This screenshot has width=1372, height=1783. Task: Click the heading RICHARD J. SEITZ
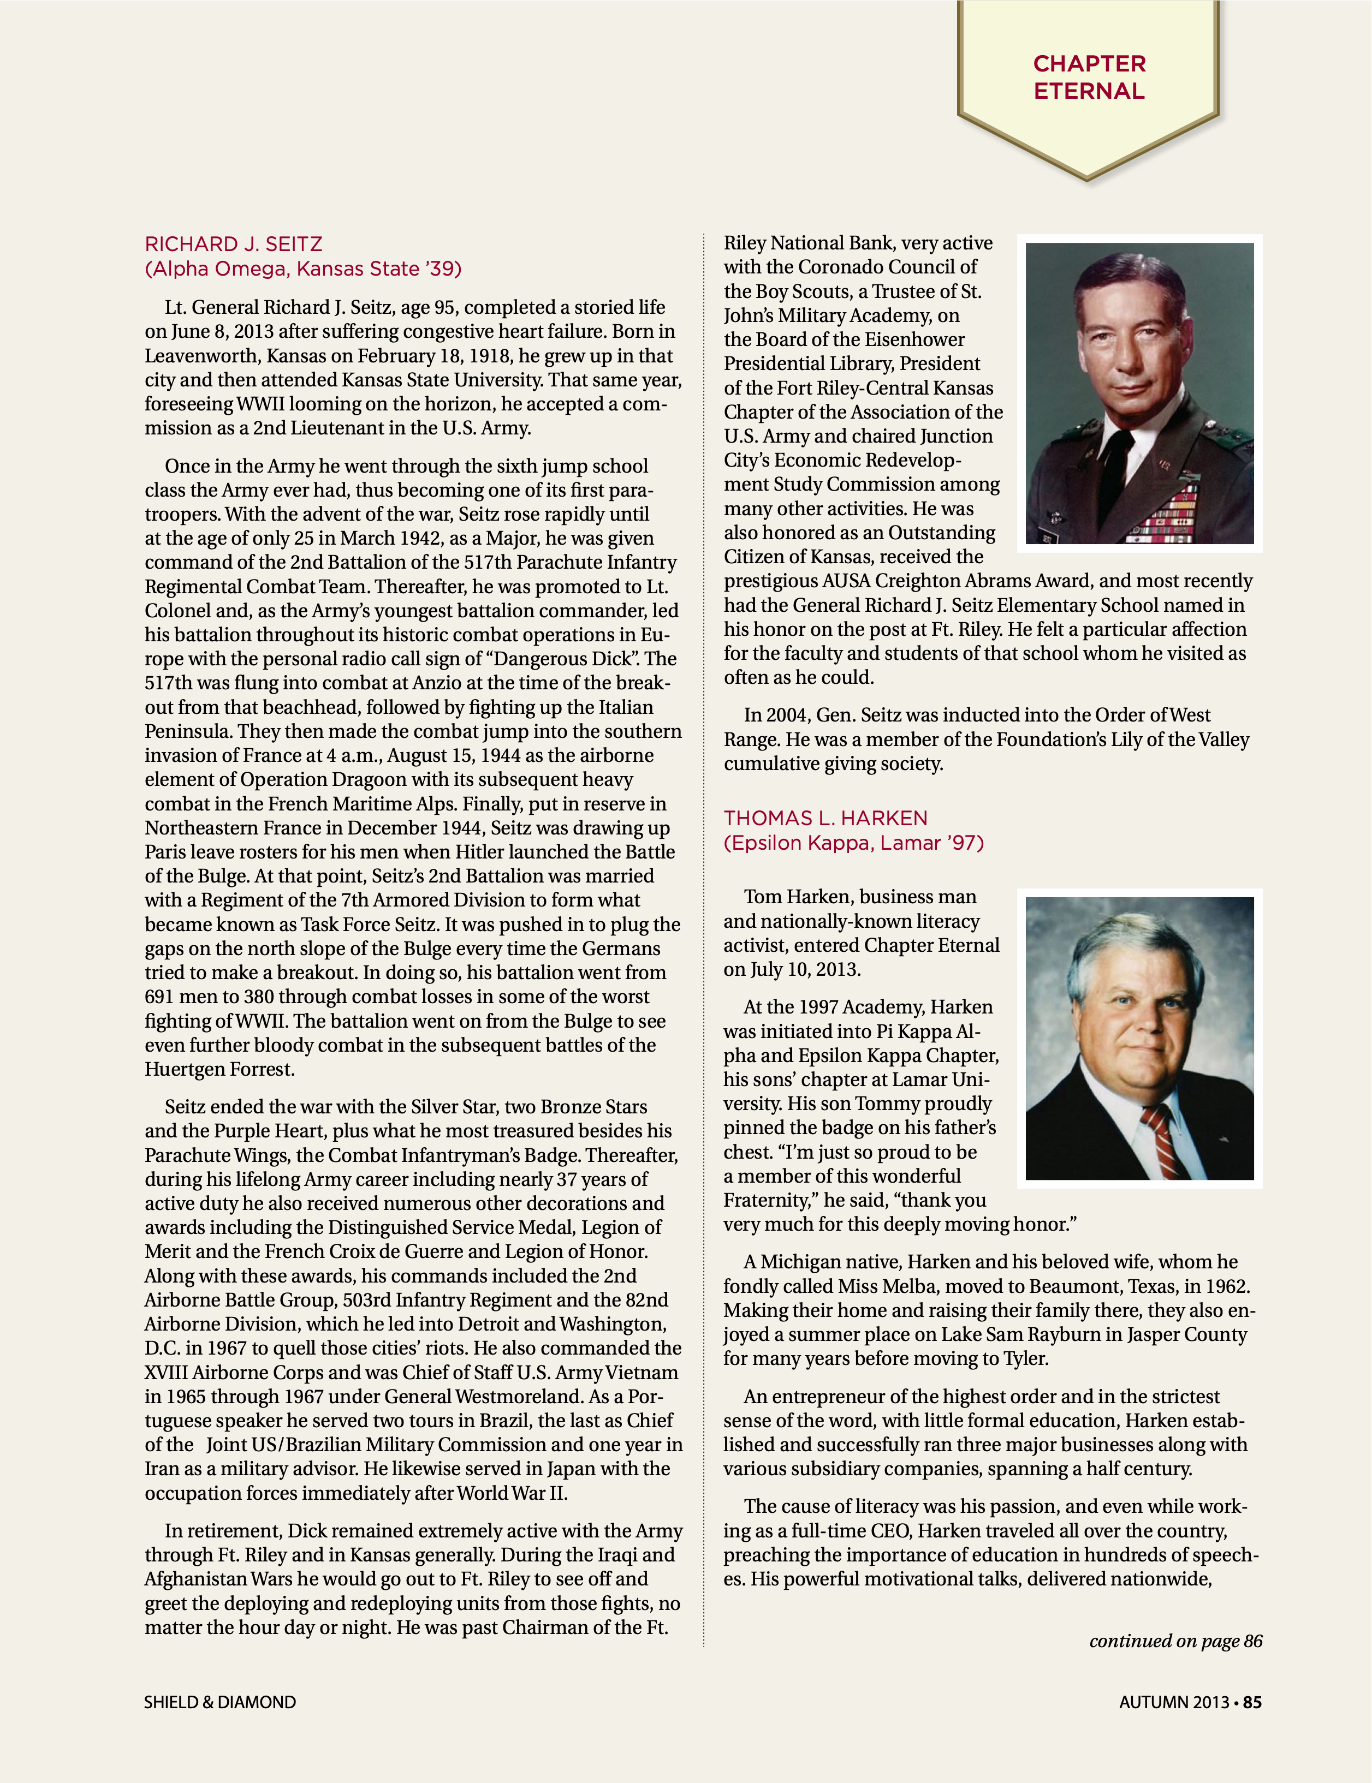click(x=234, y=244)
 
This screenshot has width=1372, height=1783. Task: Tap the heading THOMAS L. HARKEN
click(x=825, y=818)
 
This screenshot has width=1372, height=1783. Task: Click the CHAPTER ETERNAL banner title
click(x=1089, y=77)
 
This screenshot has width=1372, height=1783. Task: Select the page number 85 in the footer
click(x=1252, y=1702)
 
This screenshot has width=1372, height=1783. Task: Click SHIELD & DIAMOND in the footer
click(x=219, y=1702)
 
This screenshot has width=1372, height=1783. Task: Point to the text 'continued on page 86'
click(x=1175, y=1641)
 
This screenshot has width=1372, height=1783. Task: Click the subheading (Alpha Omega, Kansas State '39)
click(x=303, y=269)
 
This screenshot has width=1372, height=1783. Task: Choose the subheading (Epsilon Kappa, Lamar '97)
click(x=853, y=843)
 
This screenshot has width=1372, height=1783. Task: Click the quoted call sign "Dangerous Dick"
click(x=571, y=659)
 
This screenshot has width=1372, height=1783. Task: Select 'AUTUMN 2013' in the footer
click(x=1174, y=1702)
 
